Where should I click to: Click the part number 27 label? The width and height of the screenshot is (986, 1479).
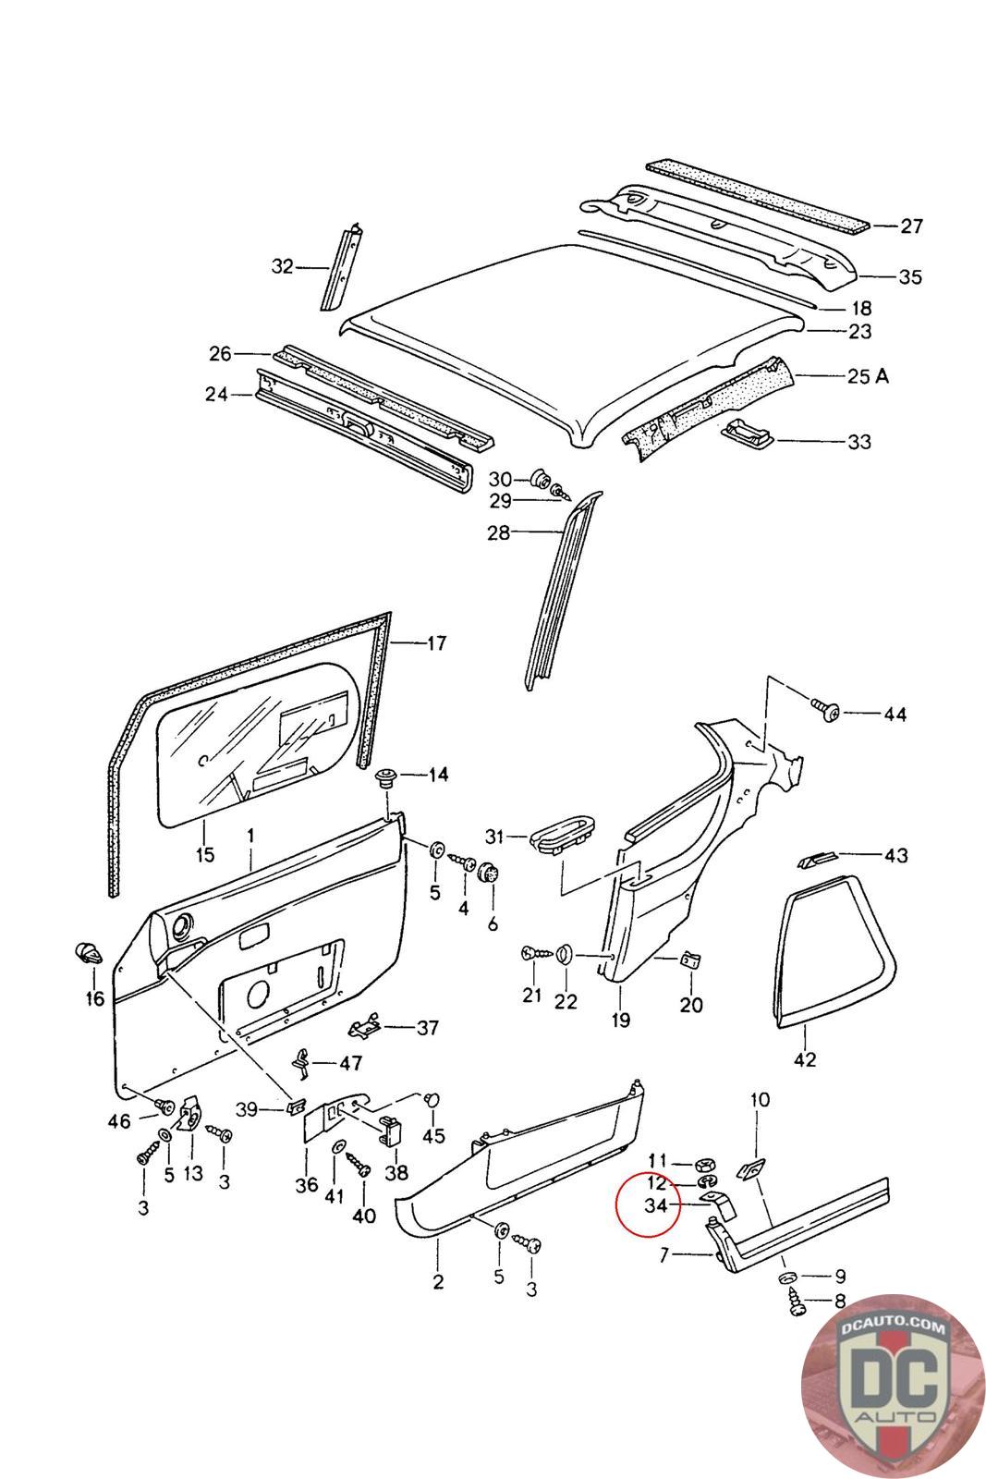[x=911, y=226]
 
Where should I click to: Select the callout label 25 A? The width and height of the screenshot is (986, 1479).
[x=868, y=376]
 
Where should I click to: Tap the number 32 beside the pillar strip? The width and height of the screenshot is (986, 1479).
[x=283, y=266]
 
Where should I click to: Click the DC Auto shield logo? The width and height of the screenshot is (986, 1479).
[x=893, y=1386]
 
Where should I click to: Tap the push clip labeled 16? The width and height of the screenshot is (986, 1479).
[x=88, y=953]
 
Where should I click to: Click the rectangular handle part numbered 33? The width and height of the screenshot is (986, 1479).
[x=749, y=430]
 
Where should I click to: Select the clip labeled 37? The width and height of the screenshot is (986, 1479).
[x=365, y=1027]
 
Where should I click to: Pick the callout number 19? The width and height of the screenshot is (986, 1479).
[x=620, y=1020]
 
